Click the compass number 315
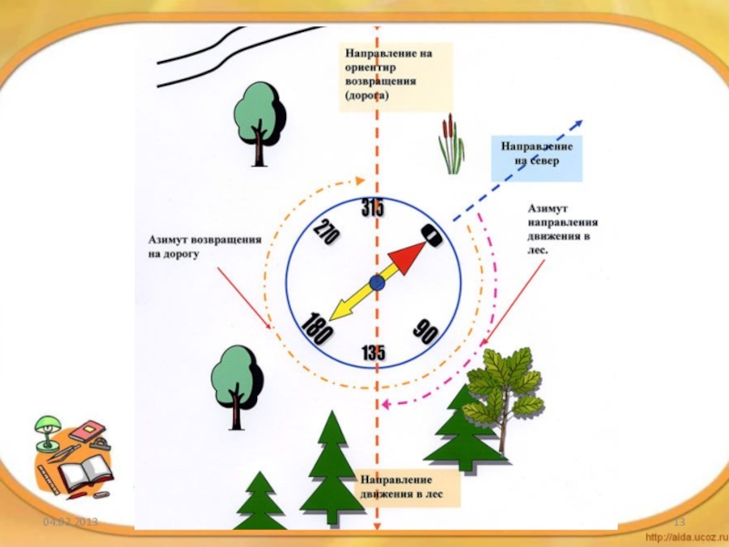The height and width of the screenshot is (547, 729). pos(372,209)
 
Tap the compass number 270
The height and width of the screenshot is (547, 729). pos(325,234)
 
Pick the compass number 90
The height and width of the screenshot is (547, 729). pos(424,331)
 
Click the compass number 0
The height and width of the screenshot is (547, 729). pos(432,235)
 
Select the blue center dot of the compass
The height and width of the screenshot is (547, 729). pos(377,284)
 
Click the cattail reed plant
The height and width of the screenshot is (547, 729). pos(450,145)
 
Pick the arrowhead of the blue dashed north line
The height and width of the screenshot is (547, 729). pos(579,126)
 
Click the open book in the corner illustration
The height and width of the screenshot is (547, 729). pos(87,475)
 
